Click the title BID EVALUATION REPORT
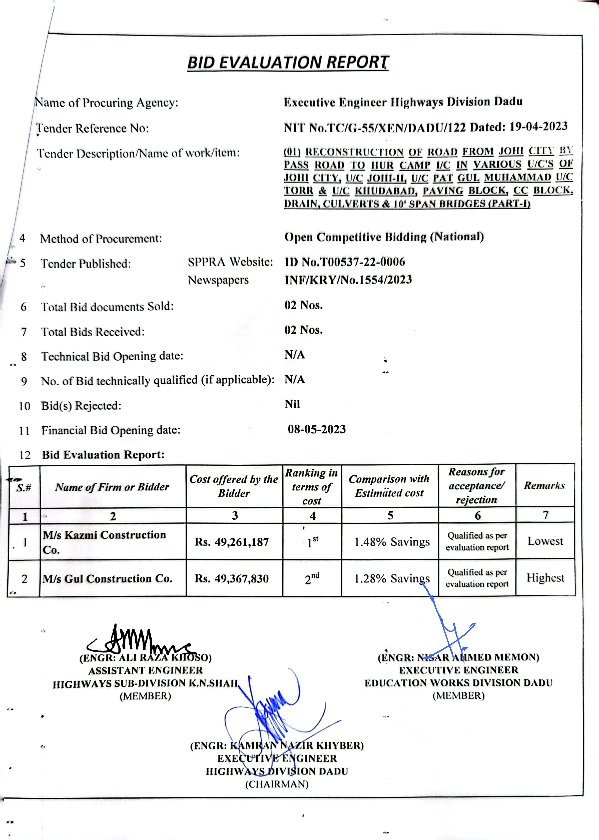click(288, 62)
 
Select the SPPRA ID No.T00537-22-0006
click(345, 262)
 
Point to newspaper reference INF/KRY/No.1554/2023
click(348, 280)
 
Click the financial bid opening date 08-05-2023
click(316, 429)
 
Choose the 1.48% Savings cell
click(392, 542)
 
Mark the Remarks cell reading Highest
click(545, 578)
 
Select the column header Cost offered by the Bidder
click(234, 486)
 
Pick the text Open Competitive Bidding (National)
click(384, 237)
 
